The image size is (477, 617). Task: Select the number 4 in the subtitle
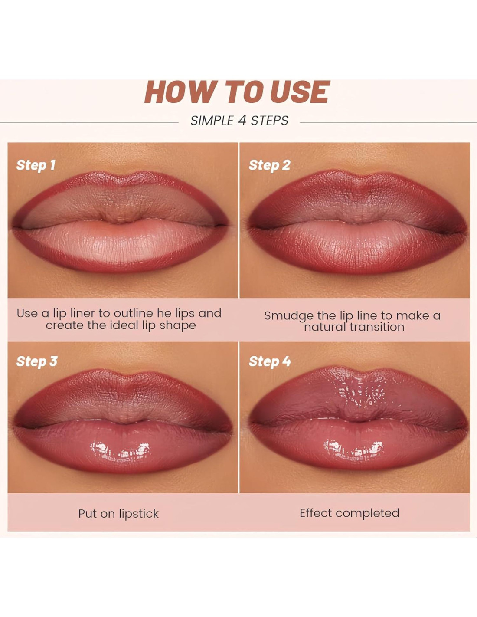coord(242,121)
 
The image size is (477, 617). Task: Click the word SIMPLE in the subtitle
coord(212,121)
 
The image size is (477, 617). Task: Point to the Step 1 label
coord(36,165)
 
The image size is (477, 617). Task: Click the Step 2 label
coord(269,165)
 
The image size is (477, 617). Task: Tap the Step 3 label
coord(36,361)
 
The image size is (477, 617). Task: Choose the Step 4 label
coord(270,361)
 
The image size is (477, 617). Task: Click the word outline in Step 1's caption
coord(134,313)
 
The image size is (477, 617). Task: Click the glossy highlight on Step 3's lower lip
coord(120,450)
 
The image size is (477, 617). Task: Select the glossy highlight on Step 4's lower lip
coord(353,449)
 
